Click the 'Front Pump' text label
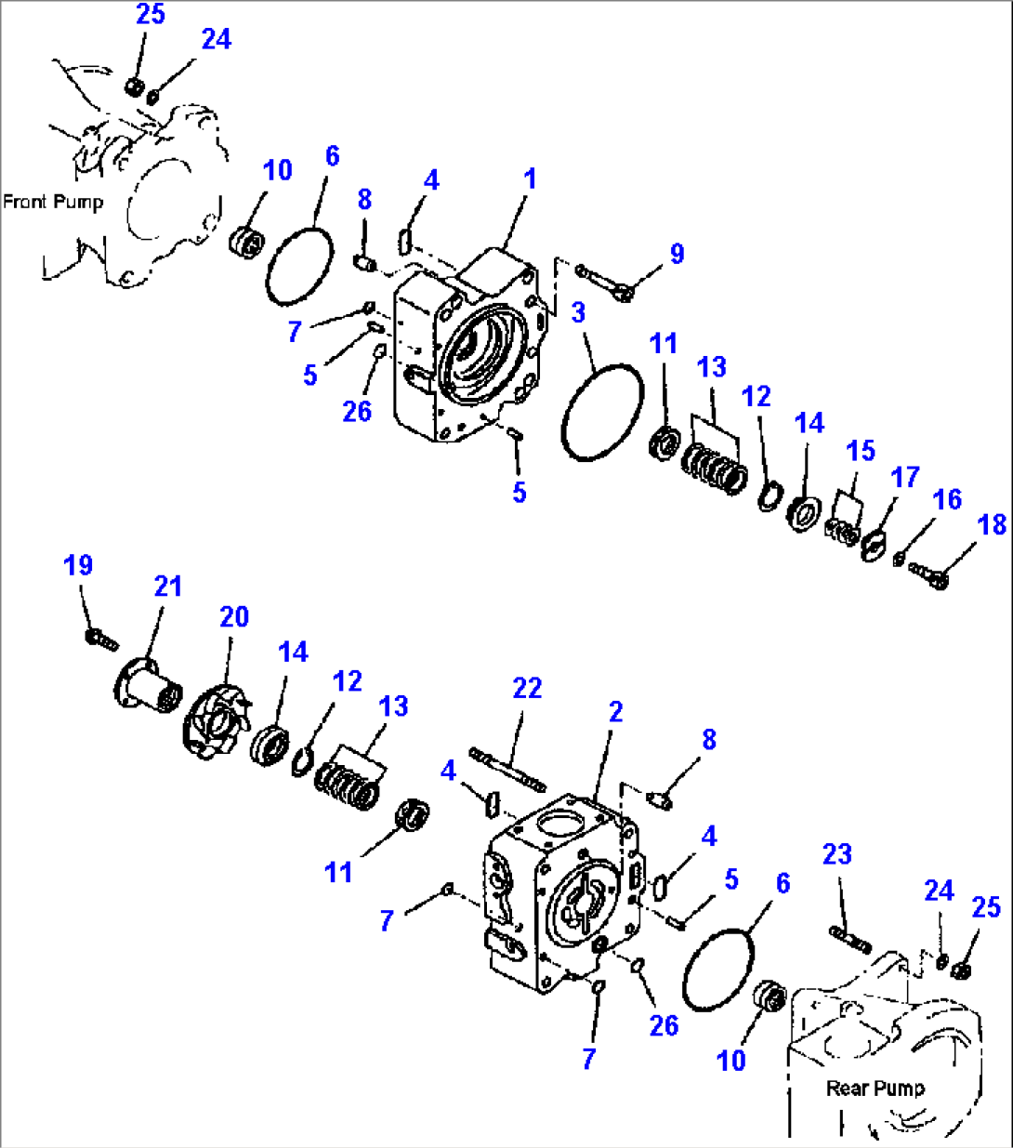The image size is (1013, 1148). (x=53, y=202)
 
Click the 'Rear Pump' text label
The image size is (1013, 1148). (x=875, y=1088)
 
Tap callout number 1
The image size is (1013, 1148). (x=530, y=178)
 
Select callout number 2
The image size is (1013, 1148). (x=615, y=712)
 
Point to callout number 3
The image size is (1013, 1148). (x=578, y=312)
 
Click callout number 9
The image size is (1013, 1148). (x=677, y=254)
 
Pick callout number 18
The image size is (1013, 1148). (x=992, y=524)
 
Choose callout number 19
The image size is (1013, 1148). (x=78, y=565)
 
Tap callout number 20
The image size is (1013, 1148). (x=234, y=616)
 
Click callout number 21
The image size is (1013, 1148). (x=168, y=587)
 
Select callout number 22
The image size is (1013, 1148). (x=527, y=688)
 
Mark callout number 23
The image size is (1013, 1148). (x=836, y=853)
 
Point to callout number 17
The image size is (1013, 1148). (x=904, y=477)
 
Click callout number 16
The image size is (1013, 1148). (x=947, y=499)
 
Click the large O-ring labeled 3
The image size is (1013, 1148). (x=602, y=412)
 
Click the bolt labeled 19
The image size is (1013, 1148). (x=100, y=639)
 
